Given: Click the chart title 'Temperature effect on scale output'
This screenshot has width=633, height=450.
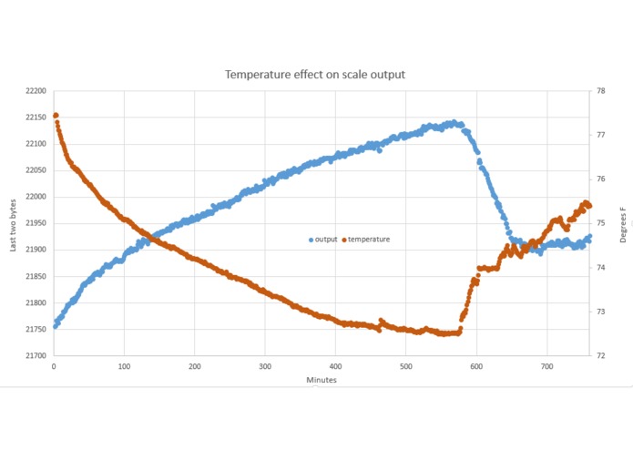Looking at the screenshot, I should coord(316,74).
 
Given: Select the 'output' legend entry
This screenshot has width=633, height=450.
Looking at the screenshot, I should coord(323,240).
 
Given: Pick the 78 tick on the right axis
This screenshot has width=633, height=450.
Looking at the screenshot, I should coord(601,91).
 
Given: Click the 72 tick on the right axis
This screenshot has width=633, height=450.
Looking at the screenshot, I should coord(601,355).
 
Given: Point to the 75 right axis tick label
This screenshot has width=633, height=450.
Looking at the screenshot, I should coord(601,223).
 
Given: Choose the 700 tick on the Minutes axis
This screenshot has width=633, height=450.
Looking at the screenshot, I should coord(546,366).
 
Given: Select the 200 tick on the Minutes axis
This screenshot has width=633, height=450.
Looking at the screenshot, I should coord(194,366).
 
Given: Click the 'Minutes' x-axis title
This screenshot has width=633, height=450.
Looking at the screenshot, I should coord(316,380).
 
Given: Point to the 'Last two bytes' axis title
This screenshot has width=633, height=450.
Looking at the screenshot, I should coord(12,224).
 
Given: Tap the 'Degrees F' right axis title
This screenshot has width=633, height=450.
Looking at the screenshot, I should coord(623,224).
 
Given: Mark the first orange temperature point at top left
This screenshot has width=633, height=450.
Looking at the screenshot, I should coord(56,116).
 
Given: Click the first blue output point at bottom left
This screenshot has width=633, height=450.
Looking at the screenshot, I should coord(56,325).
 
